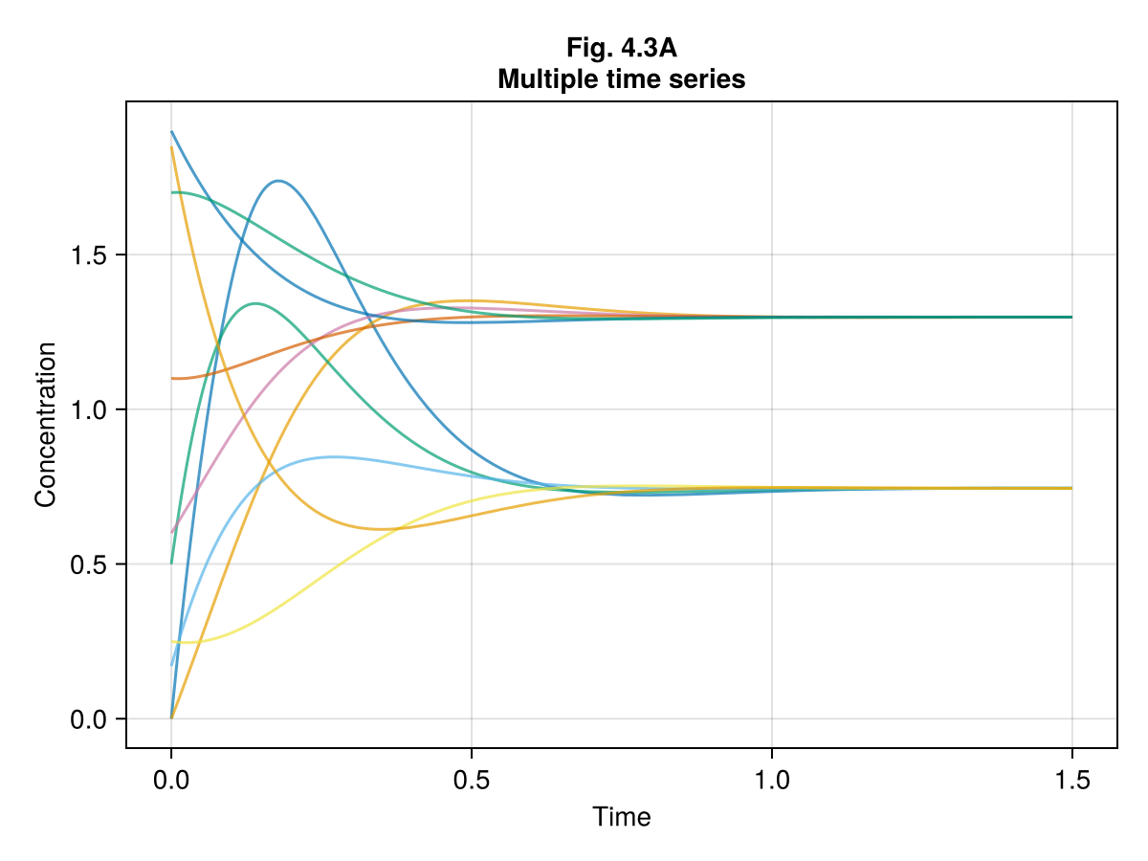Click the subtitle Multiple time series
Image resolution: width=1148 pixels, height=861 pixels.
click(621, 80)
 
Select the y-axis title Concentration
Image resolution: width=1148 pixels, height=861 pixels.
click(45, 424)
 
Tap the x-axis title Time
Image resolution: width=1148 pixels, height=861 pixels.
click(621, 817)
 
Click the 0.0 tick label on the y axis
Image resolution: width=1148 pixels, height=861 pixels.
click(88, 719)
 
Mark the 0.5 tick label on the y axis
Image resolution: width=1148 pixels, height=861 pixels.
click(88, 564)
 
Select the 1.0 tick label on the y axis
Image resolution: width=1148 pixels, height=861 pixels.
click(88, 409)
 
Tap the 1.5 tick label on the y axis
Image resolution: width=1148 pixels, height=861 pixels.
click(88, 255)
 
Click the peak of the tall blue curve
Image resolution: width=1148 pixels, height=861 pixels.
click(278, 181)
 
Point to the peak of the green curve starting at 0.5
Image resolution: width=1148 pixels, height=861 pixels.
click(255, 303)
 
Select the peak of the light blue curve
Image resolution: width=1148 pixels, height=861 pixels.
click(332, 456)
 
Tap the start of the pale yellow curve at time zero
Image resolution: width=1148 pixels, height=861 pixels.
click(172, 641)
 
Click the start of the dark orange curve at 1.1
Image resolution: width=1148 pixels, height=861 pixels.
click(172, 378)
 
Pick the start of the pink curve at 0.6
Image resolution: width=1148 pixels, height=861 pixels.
click(172, 533)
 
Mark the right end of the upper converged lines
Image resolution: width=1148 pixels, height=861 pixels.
click(1071, 317)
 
